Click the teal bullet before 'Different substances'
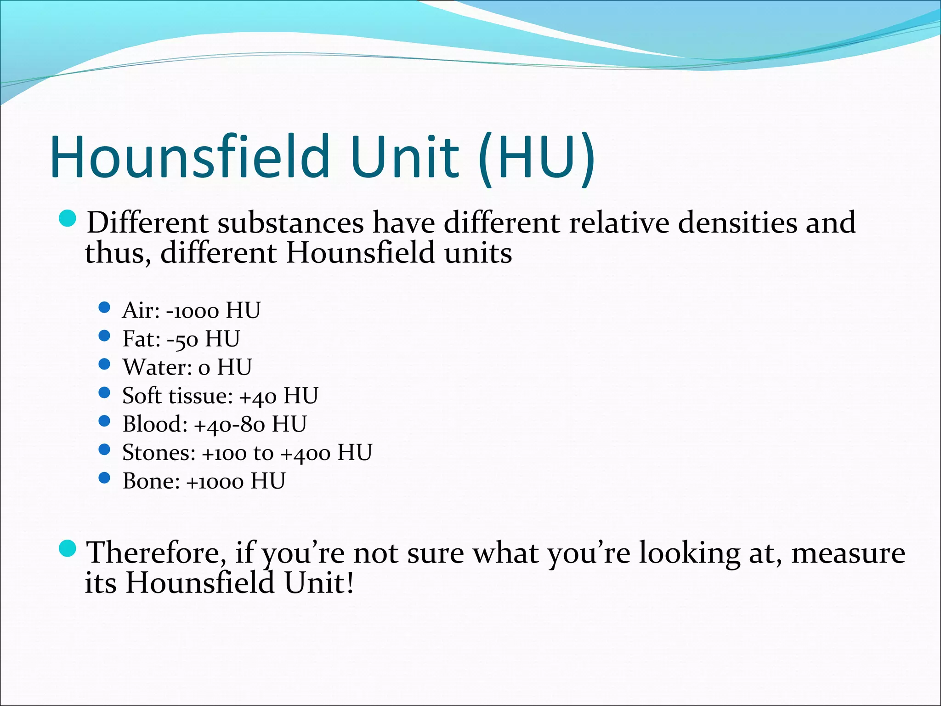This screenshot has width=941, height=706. (x=68, y=218)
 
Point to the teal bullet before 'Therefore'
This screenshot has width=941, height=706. (x=68, y=548)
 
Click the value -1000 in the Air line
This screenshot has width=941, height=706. (x=193, y=311)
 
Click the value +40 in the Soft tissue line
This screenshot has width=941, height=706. (x=258, y=397)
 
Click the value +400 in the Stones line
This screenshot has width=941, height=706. (x=306, y=454)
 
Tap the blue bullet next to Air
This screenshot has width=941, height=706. (x=105, y=307)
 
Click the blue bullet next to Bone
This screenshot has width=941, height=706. (x=105, y=478)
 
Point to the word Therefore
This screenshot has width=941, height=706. (x=154, y=552)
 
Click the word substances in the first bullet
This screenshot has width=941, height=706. (x=290, y=222)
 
